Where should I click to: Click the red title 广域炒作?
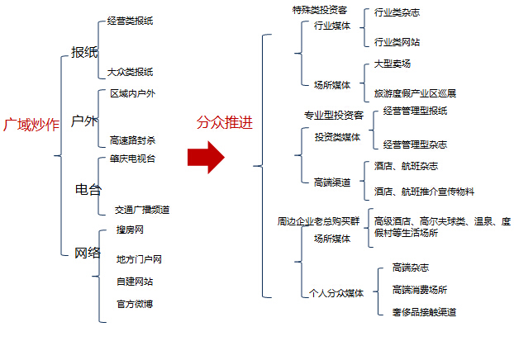click(31, 125)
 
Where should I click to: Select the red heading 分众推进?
click(225, 122)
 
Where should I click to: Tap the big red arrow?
click(206, 157)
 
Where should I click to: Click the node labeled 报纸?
click(84, 52)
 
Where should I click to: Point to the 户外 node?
click(84, 121)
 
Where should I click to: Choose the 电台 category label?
click(88, 189)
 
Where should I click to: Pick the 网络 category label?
click(88, 253)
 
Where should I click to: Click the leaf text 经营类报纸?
click(130, 21)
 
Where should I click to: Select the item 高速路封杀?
click(132, 140)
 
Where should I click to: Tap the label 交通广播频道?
click(142, 210)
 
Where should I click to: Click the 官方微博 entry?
click(135, 304)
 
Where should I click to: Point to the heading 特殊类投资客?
click(320, 10)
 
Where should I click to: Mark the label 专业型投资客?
click(334, 116)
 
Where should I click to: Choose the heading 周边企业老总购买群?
click(319, 221)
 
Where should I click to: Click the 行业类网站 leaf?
click(397, 42)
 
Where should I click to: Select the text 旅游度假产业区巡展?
click(415, 93)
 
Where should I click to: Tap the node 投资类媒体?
click(337, 137)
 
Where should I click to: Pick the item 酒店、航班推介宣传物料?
click(424, 192)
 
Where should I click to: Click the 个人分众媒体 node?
click(336, 293)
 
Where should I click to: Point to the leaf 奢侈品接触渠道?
click(424, 312)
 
